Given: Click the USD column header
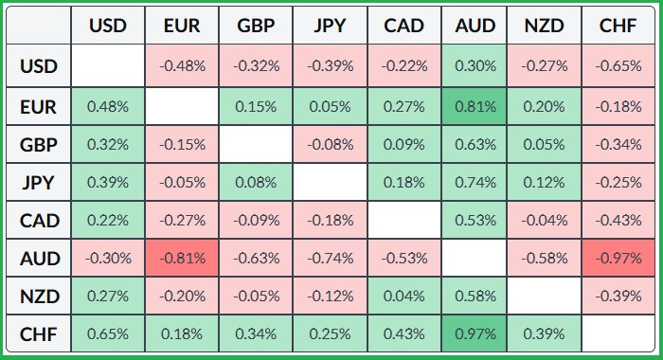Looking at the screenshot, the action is (x=108, y=26).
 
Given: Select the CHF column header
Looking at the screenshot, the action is (x=618, y=26).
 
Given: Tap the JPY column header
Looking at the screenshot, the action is (x=330, y=26).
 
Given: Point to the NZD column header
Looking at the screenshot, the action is (x=544, y=26).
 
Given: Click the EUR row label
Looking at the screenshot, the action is (x=39, y=107).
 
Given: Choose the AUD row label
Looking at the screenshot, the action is (x=39, y=258).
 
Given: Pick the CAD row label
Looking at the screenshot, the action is (x=39, y=221).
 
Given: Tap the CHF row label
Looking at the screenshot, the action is (x=39, y=333).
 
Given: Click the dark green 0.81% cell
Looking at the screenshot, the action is (x=474, y=107).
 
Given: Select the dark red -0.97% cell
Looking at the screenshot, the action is (x=618, y=258).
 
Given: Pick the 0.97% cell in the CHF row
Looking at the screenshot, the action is (x=474, y=333).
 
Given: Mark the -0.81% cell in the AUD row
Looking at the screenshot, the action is (x=182, y=258).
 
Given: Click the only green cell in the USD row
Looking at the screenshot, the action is (x=474, y=66).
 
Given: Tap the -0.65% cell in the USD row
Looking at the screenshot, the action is (x=618, y=66).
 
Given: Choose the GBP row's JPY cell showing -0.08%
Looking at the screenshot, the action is (x=330, y=145).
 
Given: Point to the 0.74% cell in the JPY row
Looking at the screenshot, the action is (x=474, y=182).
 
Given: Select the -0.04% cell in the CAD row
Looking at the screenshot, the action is (x=544, y=221).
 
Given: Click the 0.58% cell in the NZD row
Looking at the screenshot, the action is (x=474, y=296).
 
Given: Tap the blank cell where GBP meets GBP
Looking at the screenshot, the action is (x=256, y=145).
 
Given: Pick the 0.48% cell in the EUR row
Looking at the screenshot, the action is (x=108, y=107).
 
